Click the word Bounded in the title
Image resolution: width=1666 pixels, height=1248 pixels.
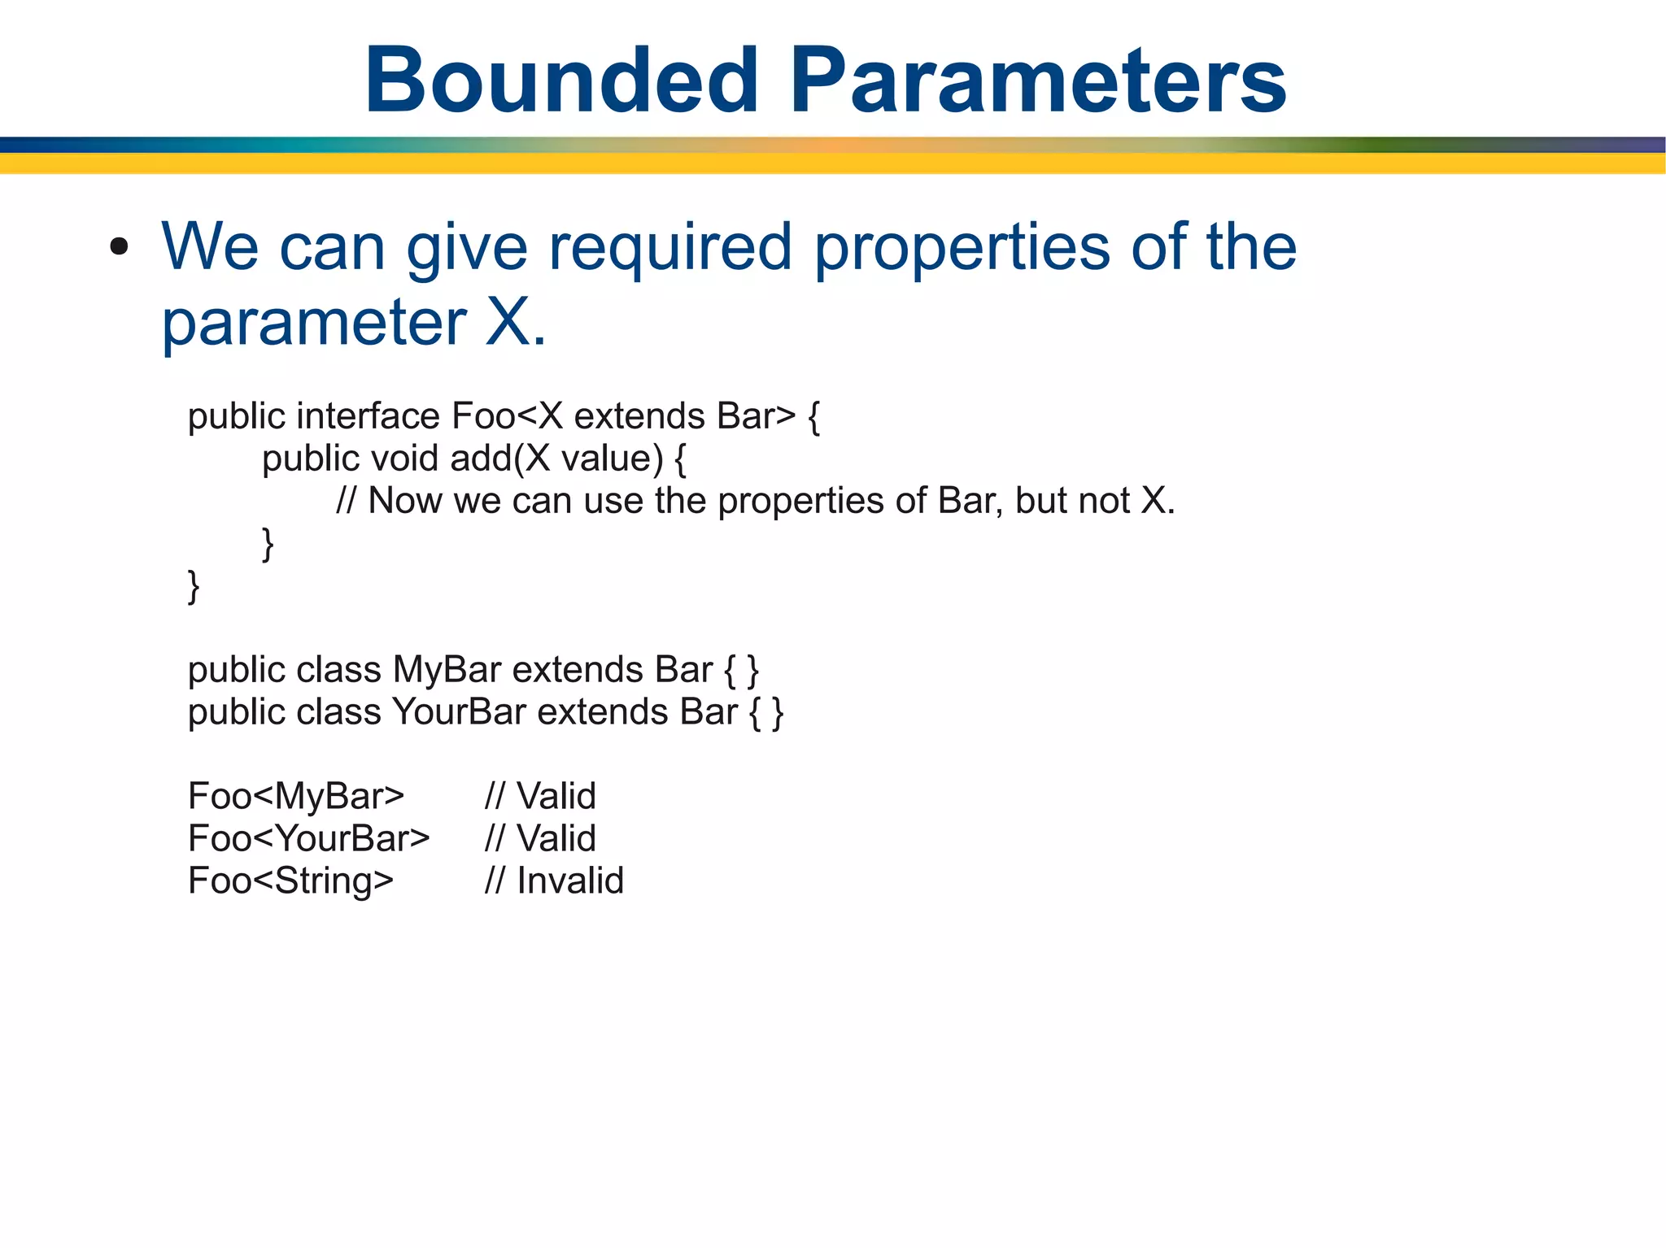[561, 81]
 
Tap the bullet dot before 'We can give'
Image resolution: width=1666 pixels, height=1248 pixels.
[120, 247]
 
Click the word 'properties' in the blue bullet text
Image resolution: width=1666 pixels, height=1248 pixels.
[962, 247]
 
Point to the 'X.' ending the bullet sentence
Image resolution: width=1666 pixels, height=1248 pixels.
[515, 323]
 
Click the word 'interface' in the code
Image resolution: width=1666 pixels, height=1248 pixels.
[368, 416]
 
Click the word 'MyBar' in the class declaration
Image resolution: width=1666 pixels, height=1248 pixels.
[447, 670]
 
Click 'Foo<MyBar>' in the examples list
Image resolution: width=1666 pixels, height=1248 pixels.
[296, 797]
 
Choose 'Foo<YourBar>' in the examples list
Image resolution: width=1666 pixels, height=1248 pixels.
[309, 839]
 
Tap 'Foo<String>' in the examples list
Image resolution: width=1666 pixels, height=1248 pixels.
[291, 881]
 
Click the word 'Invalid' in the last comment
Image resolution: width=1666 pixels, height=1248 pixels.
[570, 881]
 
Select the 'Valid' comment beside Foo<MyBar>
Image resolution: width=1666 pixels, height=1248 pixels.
[556, 797]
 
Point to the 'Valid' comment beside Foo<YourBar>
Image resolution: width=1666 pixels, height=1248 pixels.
[556, 839]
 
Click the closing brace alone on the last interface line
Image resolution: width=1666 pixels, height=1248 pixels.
[194, 586]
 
